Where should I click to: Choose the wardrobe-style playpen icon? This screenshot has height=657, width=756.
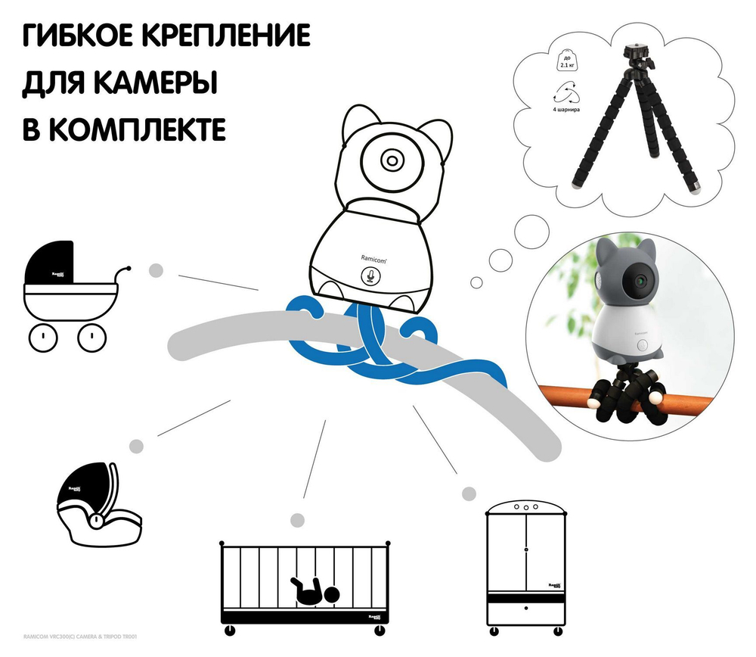[x=525, y=563]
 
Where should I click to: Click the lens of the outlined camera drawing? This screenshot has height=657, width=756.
[x=391, y=159]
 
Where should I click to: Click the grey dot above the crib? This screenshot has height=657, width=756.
[x=297, y=520]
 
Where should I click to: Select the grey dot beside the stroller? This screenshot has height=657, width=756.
[x=156, y=269]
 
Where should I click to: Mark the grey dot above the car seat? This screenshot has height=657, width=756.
[x=136, y=445]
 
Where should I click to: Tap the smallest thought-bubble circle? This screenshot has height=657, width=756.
[x=476, y=282]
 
